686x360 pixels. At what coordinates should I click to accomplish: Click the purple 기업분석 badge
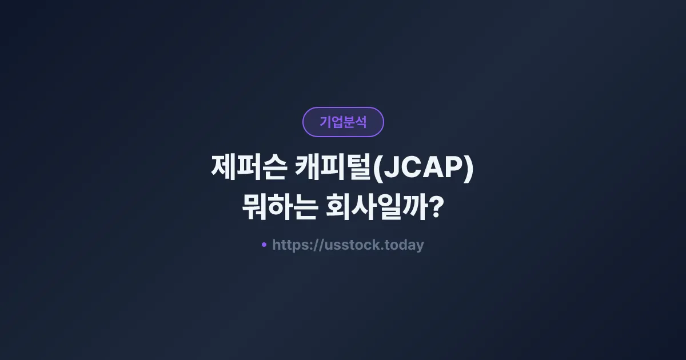pyautogui.click(x=343, y=122)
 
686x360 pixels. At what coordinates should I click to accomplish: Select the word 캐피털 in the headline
pyautogui.click(x=333, y=170)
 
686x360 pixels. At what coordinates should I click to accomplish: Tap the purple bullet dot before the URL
pyautogui.click(x=264, y=245)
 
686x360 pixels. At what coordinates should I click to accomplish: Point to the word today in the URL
pyautogui.click(x=404, y=245)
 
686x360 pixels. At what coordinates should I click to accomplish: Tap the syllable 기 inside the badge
pyautogui.click(x=325, y=122)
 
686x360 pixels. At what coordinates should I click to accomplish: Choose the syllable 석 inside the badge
pyautogui.click(x=361, y=122)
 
